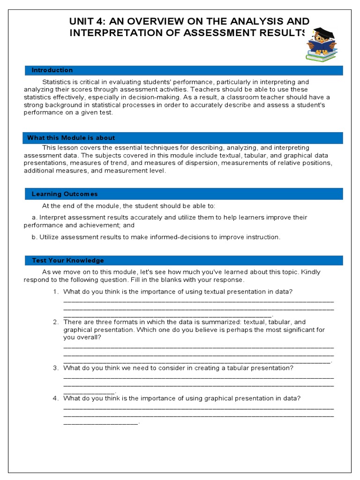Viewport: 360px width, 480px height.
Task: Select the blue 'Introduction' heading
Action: pyautogui.click(x=52, y=70)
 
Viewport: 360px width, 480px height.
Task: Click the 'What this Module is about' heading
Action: pyautogui.click(x=71, y=138)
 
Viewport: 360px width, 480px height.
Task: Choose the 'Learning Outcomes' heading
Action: pyautogui.click(x=65, y=194)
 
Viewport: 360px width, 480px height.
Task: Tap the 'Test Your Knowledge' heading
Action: pyautogui.click(x=67, y=261)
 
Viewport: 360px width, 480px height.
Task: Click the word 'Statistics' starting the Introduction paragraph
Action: pyautogui.click(x=57, y=82)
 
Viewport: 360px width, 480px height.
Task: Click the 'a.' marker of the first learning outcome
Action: pyautogui.click(x=34, y=217)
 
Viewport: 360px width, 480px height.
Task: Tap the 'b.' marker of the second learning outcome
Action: pyautogui.click(x=34, y=237)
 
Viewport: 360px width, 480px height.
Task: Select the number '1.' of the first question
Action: pyautogui.click(x=55, y=292)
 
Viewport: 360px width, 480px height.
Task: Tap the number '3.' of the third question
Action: pyautogui.click(x=55, y=368)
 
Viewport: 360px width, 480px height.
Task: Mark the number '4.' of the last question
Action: pyautogui.click(x=55, y=399)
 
